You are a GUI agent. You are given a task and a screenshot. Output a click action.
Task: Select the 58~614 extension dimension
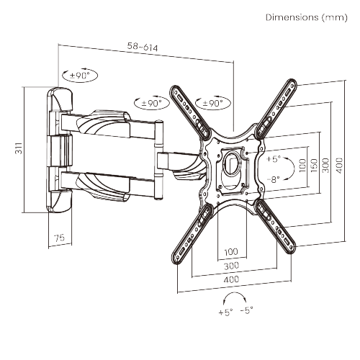pos(144,48)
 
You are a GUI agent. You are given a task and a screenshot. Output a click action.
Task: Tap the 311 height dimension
pos(17,150)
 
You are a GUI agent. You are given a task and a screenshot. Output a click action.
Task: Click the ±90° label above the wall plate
pos(76,74)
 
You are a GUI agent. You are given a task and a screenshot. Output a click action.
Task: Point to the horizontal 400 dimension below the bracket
pos(231,279)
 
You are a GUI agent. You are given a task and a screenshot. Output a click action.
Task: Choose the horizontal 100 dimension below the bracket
pos(231,252)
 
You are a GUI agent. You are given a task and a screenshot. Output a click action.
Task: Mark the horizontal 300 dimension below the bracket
pos(231,266)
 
